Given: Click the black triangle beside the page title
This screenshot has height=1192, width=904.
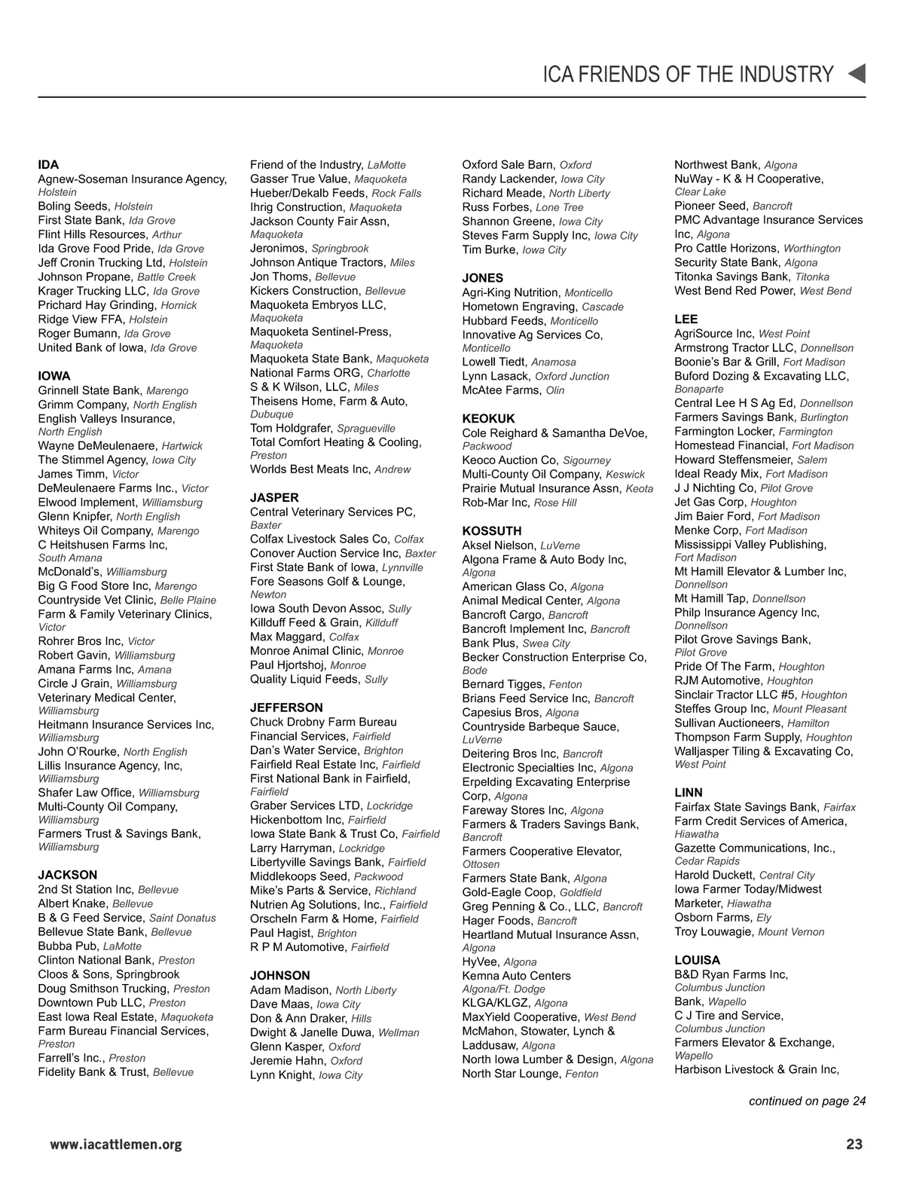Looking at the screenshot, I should click(857, 74).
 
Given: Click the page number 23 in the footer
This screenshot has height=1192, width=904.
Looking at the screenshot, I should click(854, 1145).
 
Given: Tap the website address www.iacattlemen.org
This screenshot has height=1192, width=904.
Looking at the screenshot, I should click(116, 1145).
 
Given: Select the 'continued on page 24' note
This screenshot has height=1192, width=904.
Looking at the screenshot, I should click(807, 1101).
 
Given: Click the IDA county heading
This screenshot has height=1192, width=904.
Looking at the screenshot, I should click(48, 164).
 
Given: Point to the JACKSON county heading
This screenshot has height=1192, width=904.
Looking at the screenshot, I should click(68, 875).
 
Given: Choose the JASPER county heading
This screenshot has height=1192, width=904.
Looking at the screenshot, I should click(274, 497).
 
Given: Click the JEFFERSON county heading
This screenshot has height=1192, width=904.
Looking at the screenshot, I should click(286, 708).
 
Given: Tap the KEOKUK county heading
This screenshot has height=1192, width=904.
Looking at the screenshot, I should click(488, 418).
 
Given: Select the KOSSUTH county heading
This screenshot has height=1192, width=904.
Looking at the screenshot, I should click(492, 530).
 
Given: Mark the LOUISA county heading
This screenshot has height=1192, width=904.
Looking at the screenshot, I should click(697, 960).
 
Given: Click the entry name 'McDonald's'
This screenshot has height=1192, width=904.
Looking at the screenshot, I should click(70, 571).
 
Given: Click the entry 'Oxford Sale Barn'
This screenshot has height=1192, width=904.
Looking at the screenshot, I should click(508, 164).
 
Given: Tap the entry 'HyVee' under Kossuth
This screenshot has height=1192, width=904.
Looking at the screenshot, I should click(480, 961).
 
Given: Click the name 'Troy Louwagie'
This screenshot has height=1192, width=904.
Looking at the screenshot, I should click(713, 931).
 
